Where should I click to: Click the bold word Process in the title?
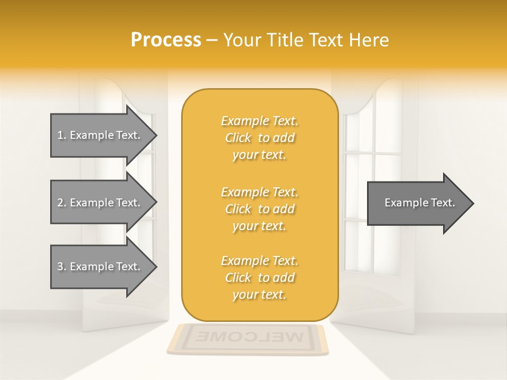pos(166,40)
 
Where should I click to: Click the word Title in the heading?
pos(284,40)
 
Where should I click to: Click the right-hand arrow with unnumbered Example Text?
pos(419,203)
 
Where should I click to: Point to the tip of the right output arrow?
pos(473,203)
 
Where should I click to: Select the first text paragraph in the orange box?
pos(259,138)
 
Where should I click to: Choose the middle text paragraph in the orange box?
pos(259,209)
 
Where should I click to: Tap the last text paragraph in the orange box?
pos(259,278)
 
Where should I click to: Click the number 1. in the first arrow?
pos(62,135)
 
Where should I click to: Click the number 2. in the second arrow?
pos(62,203)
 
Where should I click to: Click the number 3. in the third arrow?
pos(62,267)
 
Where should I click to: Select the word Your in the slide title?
pos(242,40)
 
